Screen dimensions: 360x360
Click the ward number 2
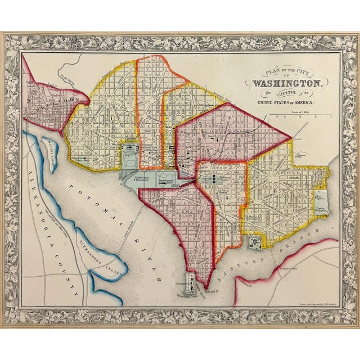coord(150,112)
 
